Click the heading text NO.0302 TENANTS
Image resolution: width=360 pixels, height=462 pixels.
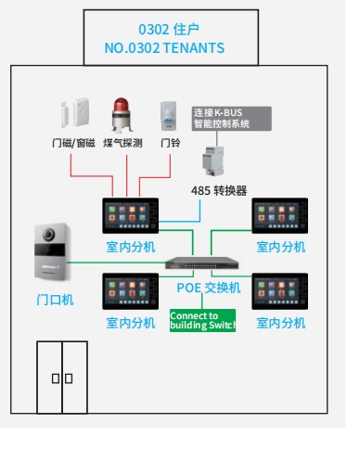pos(165,47)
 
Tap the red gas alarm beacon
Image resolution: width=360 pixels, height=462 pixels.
pos(121,115)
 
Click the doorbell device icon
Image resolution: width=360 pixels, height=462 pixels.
pos(167,116)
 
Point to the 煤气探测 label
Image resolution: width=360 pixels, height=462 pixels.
pos(122,144)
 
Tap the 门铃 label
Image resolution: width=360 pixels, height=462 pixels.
pos(170,144)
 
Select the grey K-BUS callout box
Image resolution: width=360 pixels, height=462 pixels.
pos(231,117)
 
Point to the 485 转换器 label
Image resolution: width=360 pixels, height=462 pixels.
pos(219,191)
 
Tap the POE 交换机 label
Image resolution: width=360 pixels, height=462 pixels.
pos(209,288)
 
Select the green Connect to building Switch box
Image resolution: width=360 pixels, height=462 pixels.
pos(203,321)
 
